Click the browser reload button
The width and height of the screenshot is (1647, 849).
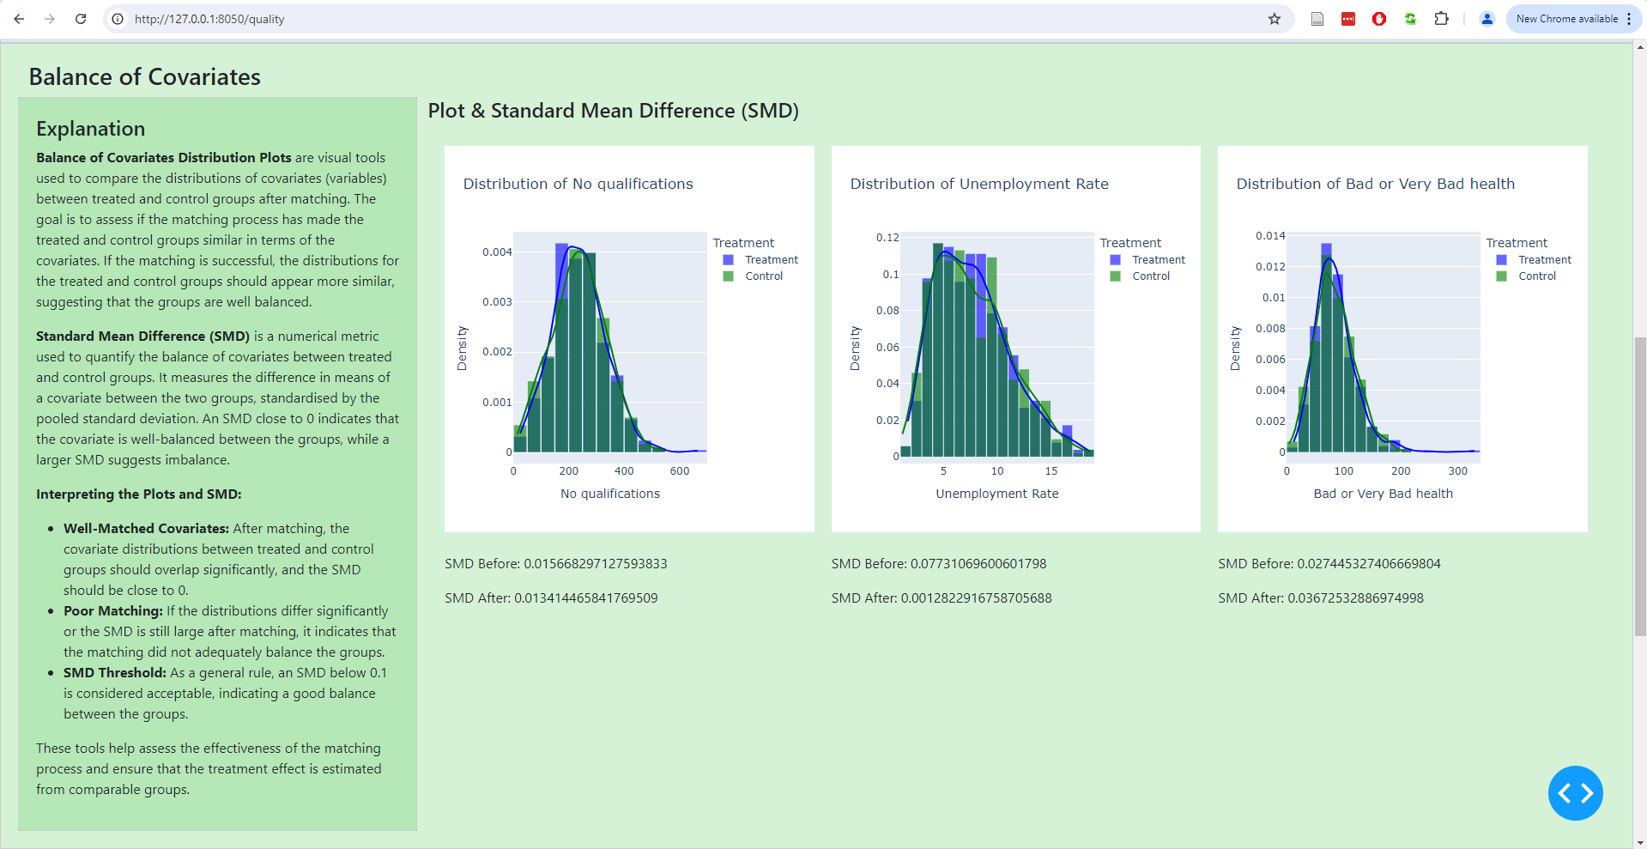[81, 19]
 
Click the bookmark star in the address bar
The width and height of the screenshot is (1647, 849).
[1275, 19]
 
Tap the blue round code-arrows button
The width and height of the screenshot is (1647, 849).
[1575, 793]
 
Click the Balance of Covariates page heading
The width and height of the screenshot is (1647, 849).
[144, 77]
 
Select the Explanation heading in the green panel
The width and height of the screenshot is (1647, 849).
[90, 129]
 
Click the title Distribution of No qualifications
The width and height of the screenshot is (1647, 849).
[578, 184]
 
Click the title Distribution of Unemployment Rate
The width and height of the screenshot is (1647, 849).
[978, 184]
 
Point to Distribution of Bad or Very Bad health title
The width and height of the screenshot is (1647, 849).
[1375, 184]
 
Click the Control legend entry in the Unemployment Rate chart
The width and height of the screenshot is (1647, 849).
[1150, 276]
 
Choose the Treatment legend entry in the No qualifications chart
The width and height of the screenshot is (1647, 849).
[771, 260]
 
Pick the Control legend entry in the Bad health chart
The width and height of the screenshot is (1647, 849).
[1536, 276]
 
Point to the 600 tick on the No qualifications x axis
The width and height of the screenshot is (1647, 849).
[679, 471]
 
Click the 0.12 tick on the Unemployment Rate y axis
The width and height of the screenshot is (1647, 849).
[887, 238]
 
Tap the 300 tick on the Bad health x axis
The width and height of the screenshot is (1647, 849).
[1457, 471]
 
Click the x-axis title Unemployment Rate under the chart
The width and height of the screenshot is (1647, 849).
[996, 494]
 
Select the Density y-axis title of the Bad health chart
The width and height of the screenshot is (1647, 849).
[1235, 349]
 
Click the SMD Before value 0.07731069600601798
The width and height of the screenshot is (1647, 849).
[978, 564]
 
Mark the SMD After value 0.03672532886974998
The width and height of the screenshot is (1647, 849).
[1355, 598]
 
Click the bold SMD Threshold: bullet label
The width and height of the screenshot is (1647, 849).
[114, 673]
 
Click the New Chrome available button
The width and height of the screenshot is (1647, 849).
[1566, 19]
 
